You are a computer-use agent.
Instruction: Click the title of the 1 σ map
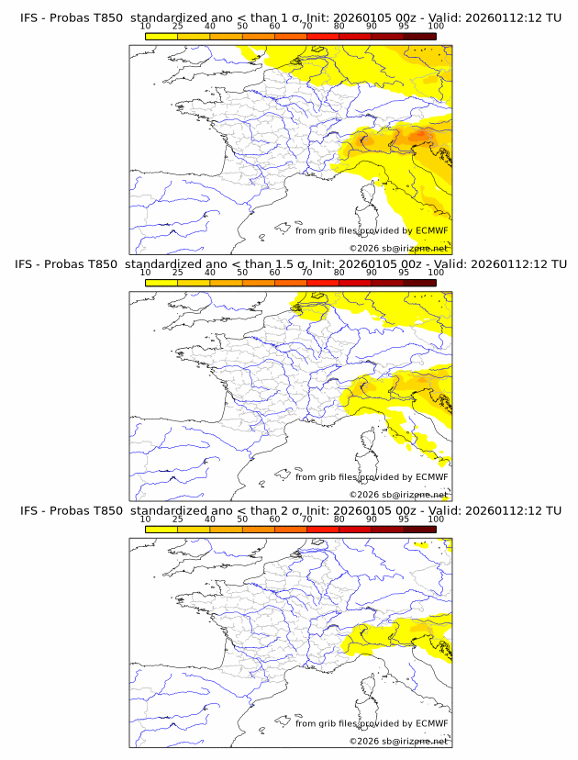[290, 17]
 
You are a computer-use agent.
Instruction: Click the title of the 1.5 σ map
[290, 263]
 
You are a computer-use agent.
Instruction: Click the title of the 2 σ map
[290, 510]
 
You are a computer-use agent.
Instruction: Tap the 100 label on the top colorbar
[436, 27]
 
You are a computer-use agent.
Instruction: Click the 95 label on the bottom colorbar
[404, 520]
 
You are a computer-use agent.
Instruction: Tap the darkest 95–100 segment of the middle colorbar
[419, 283]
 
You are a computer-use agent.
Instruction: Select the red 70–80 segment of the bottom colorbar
[323, 530]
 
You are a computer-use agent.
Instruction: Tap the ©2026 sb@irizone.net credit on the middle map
[398, 495]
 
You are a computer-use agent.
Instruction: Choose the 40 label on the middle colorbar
[210, 273]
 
